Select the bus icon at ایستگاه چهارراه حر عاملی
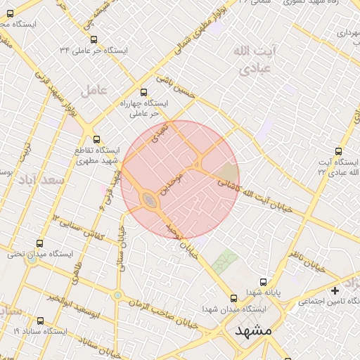click(x=144, y=91)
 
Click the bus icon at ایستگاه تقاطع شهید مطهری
click(x=96, y=139)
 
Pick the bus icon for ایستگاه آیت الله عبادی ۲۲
click(x=339, y=150)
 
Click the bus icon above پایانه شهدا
click(x=263, y=281)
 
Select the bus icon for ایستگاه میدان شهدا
click(x=235, y=298)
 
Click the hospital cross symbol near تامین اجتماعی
click(x=335, y=290)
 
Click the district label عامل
click(x=93, y=89)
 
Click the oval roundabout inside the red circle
click(x=150, y=202)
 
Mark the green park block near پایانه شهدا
click(x=225, y=262)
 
